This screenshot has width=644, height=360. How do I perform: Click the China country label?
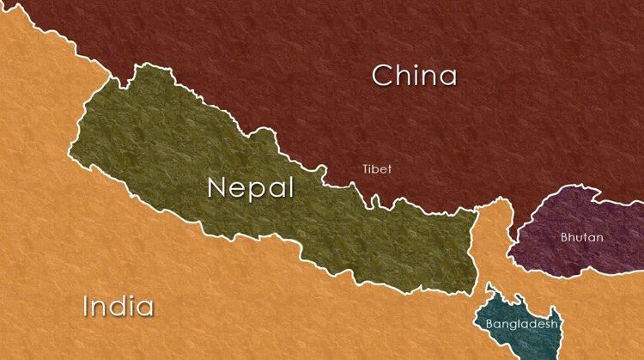click(x=414, y=76)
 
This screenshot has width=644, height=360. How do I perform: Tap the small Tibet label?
click(x=377, y=169)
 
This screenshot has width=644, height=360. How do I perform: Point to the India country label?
click(x=118, y=306)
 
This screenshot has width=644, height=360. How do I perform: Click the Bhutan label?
click(x=582, y=237)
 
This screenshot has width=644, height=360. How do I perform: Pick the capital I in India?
click(x=86, y=306)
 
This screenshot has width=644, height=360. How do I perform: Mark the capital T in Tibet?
click(x=366, y=169)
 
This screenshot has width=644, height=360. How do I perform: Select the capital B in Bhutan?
click(x=565, y=237)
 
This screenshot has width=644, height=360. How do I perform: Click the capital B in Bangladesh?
click(x=489, y=325)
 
